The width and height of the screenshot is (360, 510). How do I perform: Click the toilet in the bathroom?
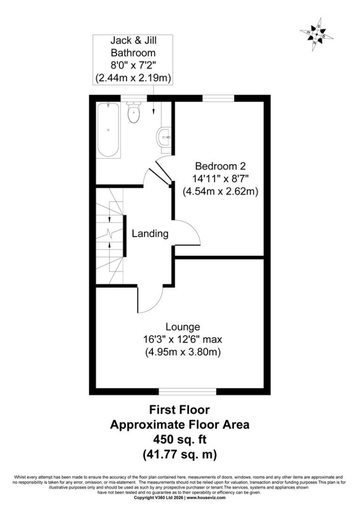pyautogui.click(x=133, y=112)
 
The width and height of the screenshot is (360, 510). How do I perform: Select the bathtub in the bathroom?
pyautogui.click(x=108, y=130)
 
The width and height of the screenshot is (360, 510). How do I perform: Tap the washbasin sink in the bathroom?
pyautogui.click(x=164, y=137)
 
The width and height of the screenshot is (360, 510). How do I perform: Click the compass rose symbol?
pyautogui.click(x=316, y=34)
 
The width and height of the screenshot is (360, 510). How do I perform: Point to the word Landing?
pyautogui.click(x=150, y=234)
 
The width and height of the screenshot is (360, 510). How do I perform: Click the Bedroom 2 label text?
pyautogui.click(x=220, y=166)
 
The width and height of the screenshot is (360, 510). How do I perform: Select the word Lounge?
pyautogui.click(x=183, y=327)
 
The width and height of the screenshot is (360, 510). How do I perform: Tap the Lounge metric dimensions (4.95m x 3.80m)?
pyautogui.click(x=183, y=352)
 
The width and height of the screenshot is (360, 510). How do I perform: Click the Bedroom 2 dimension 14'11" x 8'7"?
pyautogui.click(x=220, y=179)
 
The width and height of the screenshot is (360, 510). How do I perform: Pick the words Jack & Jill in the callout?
pyautogui.click(x=133, y=40)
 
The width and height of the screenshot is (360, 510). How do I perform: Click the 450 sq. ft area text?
pyautogui.click(x=180, y=439)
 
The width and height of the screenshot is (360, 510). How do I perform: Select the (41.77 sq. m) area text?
pyautogui.click(x=180, y=454)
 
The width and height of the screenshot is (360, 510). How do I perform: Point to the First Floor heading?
pyautogui.click(x=180, y=409)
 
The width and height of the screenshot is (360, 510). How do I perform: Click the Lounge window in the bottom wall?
pyautogui.click(x=187, y=391)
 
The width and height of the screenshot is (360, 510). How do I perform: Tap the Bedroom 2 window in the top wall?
pyautogui.click(x=218, y=98)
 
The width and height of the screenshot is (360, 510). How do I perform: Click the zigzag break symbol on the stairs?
pyautogui.click(x=109, y=234)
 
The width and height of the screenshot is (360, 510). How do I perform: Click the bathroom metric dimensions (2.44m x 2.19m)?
pyautogui.click(x=133, y=78)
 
